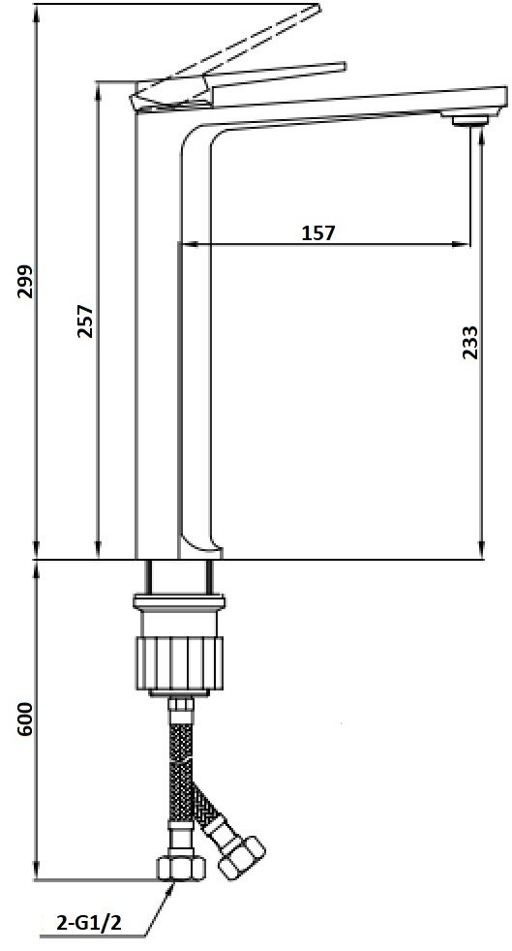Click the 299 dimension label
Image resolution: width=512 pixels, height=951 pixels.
coord(25,281)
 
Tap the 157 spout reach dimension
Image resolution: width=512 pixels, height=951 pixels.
coord(318,232)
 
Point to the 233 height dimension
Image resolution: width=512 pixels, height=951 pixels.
coord(469,342)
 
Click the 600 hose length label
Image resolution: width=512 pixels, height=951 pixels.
coord(25,720)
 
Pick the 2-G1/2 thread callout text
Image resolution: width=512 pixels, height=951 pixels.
coord(89,923)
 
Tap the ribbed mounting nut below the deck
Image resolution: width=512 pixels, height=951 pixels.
coord(178,663)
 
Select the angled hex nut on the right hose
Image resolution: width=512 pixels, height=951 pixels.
coord(240,856)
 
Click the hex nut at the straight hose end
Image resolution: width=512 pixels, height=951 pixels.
coord(181,868)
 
